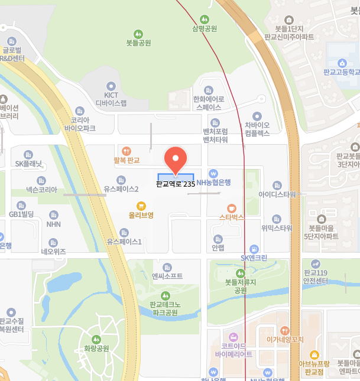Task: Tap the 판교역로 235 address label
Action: [176, 184]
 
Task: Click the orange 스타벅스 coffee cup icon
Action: [232, 207]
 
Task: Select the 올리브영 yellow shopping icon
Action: [141, 206]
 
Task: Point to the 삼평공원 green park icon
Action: [205, 19]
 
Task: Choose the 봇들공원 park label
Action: [138, 43]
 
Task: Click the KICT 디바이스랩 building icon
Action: [111, 86]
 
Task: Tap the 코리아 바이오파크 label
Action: [80, 123]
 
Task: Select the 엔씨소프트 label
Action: [167, 276]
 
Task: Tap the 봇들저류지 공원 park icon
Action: [240, 273]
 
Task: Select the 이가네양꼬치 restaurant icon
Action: [285, 331]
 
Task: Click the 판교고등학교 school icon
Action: [342, 63]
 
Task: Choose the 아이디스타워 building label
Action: [277, 194]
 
